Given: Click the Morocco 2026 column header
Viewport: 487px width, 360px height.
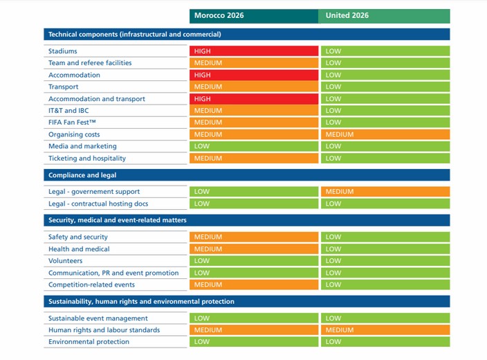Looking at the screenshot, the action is click(254, 16).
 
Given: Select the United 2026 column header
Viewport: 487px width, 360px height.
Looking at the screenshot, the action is click(384, 16).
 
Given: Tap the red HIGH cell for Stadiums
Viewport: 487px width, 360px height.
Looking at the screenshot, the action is click(254, 51).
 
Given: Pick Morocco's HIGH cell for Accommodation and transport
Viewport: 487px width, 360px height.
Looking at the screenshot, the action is click(254, 99).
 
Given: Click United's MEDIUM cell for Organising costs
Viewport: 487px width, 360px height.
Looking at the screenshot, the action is click(385, 134).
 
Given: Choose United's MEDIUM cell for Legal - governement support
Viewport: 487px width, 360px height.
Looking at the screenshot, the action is click(385, 192).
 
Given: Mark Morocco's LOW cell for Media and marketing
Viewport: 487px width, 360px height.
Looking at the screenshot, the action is click(254, 146).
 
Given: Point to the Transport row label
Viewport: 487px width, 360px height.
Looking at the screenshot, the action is click(64, 87).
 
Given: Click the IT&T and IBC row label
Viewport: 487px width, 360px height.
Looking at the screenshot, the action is click(68, 111).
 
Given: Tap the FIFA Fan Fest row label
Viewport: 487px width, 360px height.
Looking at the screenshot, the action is click(72, 123).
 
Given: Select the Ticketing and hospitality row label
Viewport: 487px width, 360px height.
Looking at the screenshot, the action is click(87, 159).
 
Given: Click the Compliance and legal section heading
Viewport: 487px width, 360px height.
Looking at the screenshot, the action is click(82, 175).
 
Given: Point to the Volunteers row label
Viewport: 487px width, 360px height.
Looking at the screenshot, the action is click(65, 261).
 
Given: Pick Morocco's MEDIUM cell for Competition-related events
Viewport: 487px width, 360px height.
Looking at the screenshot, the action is click(254, 285).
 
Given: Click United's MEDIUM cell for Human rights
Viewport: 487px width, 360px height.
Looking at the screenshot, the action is click(385, 330).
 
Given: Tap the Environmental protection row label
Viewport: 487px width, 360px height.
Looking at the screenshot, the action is click(89, 342).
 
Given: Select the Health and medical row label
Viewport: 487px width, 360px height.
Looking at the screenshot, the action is click(79, 249).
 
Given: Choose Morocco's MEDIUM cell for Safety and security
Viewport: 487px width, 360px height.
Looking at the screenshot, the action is click(254, 237).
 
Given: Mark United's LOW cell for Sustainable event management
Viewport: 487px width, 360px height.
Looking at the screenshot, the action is click(385, 318).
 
